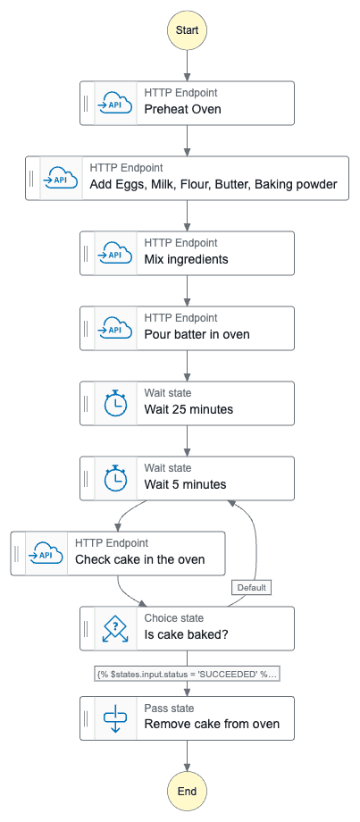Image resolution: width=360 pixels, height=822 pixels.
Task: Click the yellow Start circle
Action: tap(187, 29)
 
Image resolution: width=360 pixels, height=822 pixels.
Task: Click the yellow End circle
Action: tap(187, 791)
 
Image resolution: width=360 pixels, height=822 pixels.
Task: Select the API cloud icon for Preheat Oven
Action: tap(115, 104)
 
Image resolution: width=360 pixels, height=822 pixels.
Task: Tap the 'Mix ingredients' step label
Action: tap(186, 259)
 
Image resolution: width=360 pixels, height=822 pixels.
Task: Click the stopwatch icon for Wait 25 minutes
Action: tap(115, 403)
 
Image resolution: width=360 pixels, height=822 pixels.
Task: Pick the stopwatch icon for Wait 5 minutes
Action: tap(115, 478)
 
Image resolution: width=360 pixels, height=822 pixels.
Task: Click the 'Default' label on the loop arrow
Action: tap(252, 588)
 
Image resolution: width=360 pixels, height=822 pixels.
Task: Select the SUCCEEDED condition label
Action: tap(187, 675)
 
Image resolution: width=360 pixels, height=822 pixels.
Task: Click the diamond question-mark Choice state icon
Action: tap(115, 628)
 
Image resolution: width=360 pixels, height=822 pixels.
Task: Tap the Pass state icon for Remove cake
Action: tap(115, 718)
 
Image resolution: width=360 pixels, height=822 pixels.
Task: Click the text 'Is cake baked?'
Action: tap(186, 635)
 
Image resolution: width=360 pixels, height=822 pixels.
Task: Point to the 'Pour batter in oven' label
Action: tap(197, 334)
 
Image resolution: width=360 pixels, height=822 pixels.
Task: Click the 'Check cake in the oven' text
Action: tap(140, 559)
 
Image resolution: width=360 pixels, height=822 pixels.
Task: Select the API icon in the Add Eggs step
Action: tap(61, 178)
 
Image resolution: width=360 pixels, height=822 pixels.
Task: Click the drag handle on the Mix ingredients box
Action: tap(86, 253)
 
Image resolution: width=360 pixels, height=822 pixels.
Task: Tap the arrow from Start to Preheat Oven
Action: tap(187, 65)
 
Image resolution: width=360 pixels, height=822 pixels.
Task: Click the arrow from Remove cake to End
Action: tap(187, 755)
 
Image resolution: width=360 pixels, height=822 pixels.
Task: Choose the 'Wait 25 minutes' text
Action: tap(188, 409)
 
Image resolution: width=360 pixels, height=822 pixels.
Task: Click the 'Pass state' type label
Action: tap(169, 709)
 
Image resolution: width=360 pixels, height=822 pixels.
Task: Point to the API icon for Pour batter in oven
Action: tap(115, 328)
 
